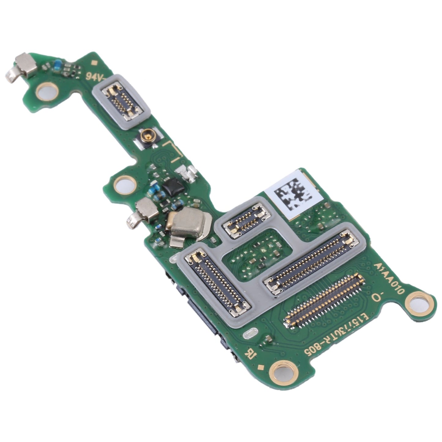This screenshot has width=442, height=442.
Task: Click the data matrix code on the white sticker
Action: [293, 195]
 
